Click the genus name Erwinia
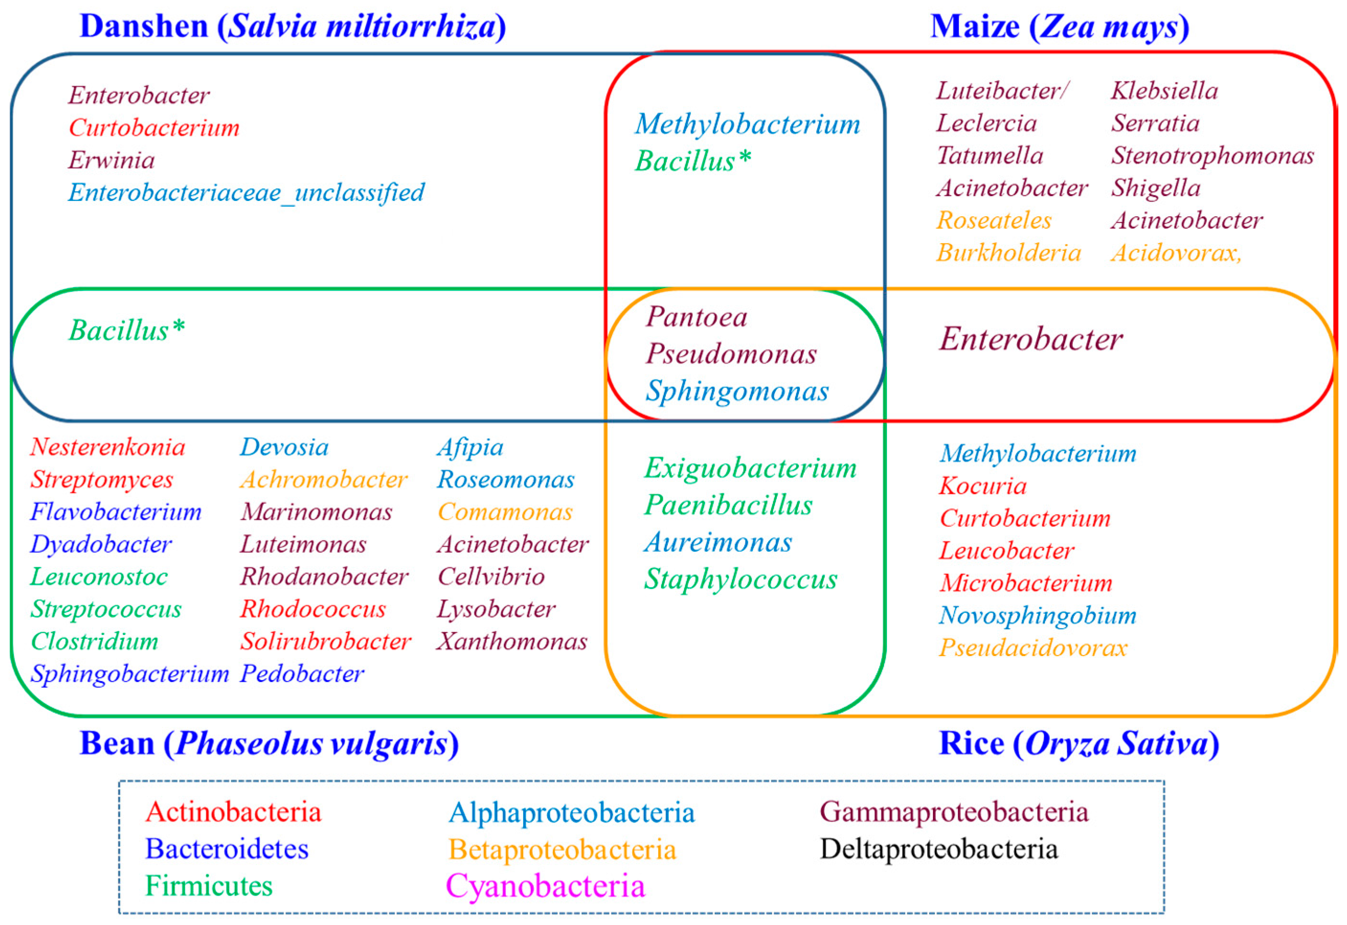coord(111,160)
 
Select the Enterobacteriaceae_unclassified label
coord(247,193)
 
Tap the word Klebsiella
coord(1164,91)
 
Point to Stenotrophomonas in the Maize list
coord(1212,156)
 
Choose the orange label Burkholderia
coord(1009,253)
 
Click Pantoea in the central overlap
coord(696,317)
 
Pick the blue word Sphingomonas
coord(737,391)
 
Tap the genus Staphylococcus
coord(741,580)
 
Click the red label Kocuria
coord(982,486)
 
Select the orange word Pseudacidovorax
coord(1033,648)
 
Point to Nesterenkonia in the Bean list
coord(108,447)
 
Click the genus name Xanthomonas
coord(512,642)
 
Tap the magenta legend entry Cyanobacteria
coord(545,887)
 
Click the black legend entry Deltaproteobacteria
coord(938,849)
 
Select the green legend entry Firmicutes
coord(209,886)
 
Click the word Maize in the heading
coord(975,27)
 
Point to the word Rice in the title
coord(971,744)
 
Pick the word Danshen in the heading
coord(144,27)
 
